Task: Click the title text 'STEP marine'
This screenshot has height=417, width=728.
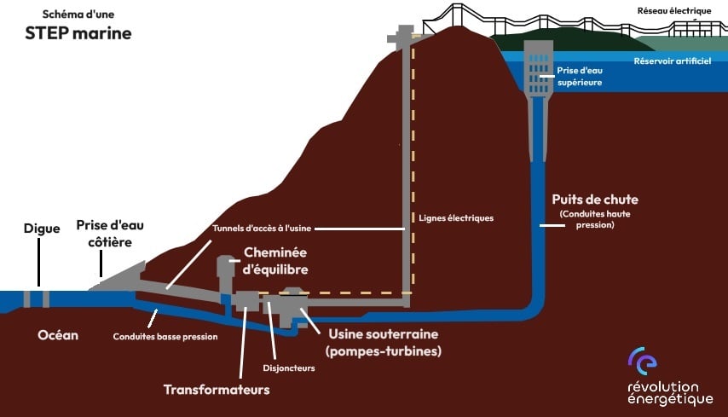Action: pyautogui.click(x=78, y=33)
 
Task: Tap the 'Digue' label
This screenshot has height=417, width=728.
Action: pyautogui.click(x=42, y=229)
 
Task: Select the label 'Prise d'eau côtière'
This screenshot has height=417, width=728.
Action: pyautogui.click(x=110, y=234)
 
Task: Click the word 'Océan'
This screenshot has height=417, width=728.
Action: pyautogui.click(x=58, y=335)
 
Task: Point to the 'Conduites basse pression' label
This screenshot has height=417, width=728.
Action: pyautogui.click(x=165, y=337)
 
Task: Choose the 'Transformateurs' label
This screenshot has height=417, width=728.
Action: pyautogui.click(x=217, y=389)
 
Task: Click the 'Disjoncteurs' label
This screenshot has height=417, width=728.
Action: pyautogui.click(x=289, y=368)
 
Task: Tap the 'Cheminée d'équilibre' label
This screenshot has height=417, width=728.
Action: pyautogui.click(x=275, y=261)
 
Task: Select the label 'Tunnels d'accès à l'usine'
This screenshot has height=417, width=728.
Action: pyautogui.click(x=262, y=229)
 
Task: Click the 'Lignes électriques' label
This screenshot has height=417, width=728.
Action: pyautogui.click(x=456, y=218)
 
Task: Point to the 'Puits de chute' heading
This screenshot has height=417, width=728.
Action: pyautogui.click(x=595, y=200)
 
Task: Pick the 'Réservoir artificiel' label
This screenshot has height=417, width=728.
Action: pyautogui.click(x=673, y=61)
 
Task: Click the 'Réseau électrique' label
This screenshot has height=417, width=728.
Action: pyautogui.click(x=674, y=11)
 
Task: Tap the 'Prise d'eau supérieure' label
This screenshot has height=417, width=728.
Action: pyautogui.click(x=580, y=76)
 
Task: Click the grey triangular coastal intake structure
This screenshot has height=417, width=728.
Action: pyautogui.click(x=118, y=278)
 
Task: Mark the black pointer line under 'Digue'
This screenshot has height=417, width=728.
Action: pyautogui.click(x=38, y=262)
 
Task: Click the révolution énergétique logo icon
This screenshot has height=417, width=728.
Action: pyautogui.click(x=643, y=361)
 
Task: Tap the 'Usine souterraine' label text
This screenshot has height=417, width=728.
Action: pyautogui.click(x=384, y=334)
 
